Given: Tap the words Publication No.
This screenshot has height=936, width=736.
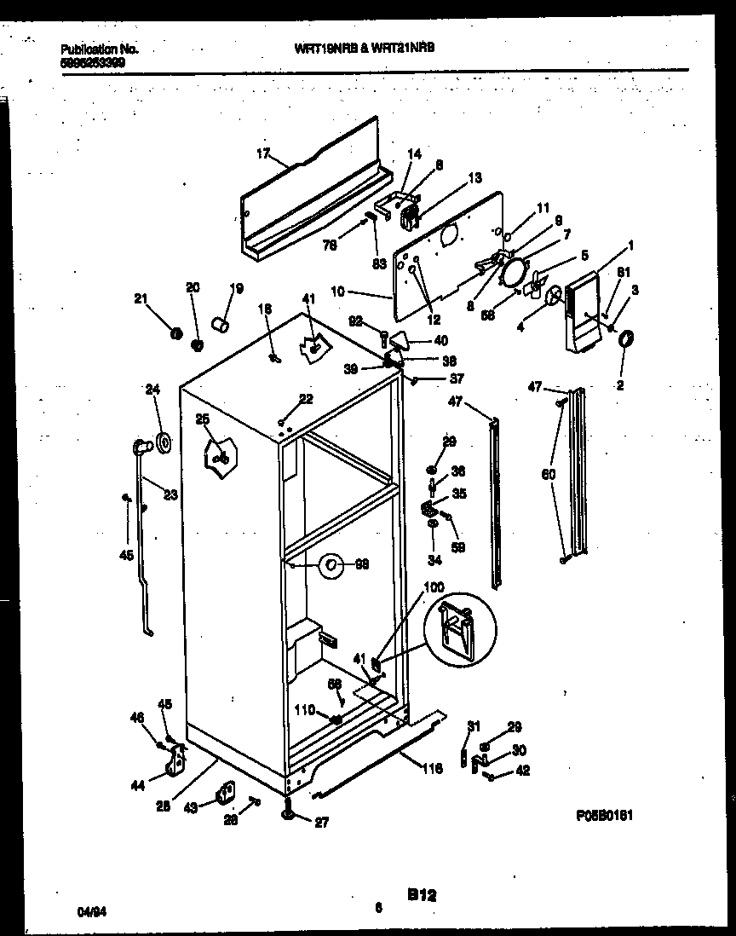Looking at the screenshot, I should [100, 49].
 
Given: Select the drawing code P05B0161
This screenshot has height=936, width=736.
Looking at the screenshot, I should [604, 815].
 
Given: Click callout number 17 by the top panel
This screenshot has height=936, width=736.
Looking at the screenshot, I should [262, 154].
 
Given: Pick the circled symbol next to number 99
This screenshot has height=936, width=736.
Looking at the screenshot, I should [331, 564].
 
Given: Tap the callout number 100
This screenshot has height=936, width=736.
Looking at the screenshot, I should [434, 587].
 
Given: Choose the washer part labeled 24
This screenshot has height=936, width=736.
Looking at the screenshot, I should [162, 443].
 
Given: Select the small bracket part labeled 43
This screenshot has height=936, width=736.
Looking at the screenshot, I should [225, 793].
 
